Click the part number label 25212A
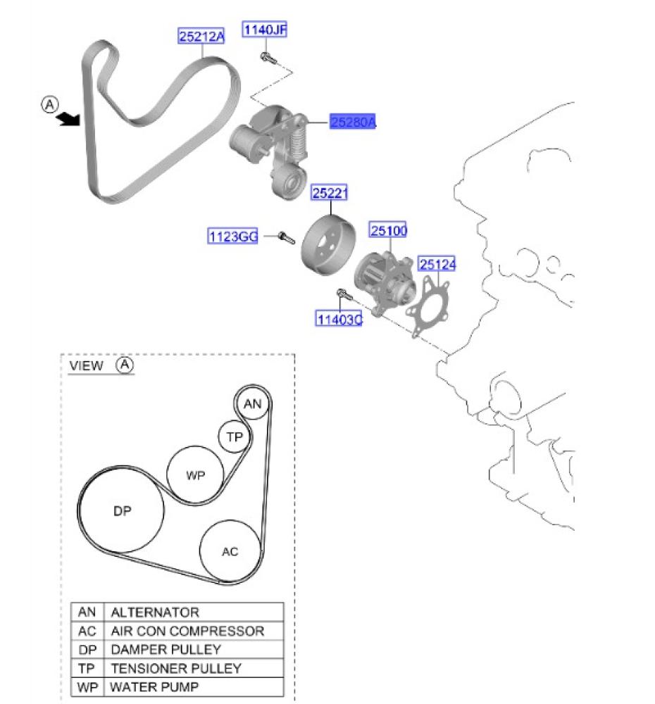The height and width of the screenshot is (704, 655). (x=201, y=36)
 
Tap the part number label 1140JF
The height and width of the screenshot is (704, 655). (x=265, y=30)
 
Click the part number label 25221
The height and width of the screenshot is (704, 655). (x=331, y=192)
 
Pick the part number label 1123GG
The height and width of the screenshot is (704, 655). (x=233, y=237)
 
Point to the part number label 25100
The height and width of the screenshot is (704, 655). (x=389, y=230)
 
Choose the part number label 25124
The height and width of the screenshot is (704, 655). (x=437, y=265)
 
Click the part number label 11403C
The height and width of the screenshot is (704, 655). (x=339, y=320)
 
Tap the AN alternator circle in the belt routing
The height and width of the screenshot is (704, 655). (x=252, y=404)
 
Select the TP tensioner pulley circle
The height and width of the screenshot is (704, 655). (x=234, y=437)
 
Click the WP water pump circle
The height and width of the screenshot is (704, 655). (x=195, y=475)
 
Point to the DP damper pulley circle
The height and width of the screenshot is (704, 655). (x=123, y=512)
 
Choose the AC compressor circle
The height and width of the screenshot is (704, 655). (x=230, y=551)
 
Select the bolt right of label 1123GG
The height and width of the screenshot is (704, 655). (x=285, y=237)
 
